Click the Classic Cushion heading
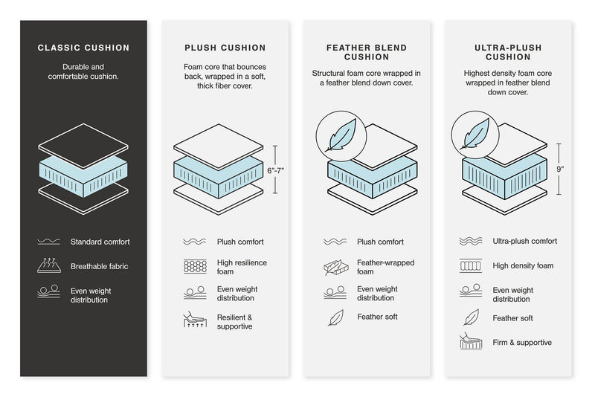[x=83, y=48]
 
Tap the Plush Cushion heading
[x=225, y=48]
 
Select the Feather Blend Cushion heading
[x=366, y=52]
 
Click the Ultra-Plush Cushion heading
[x=507, y=52]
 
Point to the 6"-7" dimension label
[x=275, y=170]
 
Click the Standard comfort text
[x=100, y=242]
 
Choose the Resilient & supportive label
[x=234, y=322]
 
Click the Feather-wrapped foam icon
[x=335, y=267]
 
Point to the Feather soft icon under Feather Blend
[x=335, y=317]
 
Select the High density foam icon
[x=471, y=265]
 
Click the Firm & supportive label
[x=522, y=343]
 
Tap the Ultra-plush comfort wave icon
[x=471, y=242]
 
